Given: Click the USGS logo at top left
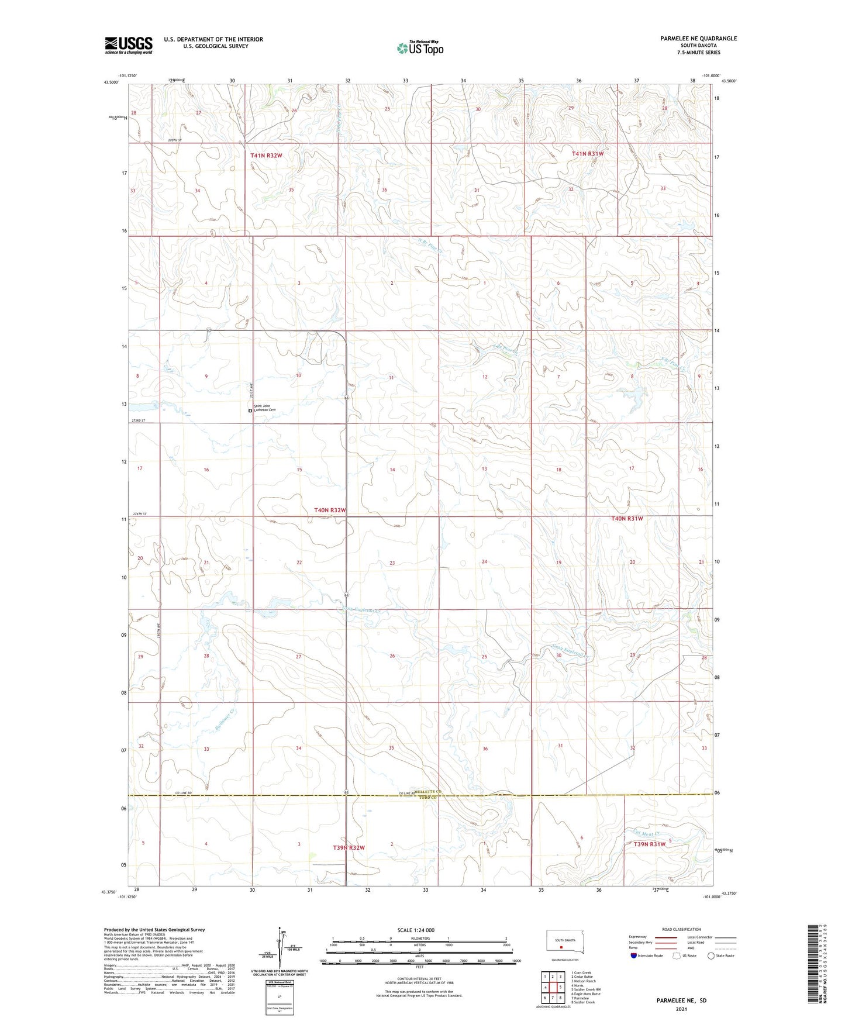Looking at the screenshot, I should [128, 45].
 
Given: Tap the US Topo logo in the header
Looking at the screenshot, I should [420, 48].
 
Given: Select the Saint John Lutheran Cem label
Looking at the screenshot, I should [264, 408].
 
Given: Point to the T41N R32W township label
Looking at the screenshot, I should [266, 156].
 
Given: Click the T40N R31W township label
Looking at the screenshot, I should [627, 519].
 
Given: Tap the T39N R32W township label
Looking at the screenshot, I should [349, 847].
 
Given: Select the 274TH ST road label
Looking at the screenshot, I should [141, 513].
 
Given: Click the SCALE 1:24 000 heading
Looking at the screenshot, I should [415, 930].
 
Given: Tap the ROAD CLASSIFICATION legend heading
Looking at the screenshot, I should [681, 929].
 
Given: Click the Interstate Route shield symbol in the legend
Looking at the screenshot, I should [634, 956].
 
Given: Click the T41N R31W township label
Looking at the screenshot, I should [587, 154].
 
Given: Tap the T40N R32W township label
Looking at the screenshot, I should [330, 510].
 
